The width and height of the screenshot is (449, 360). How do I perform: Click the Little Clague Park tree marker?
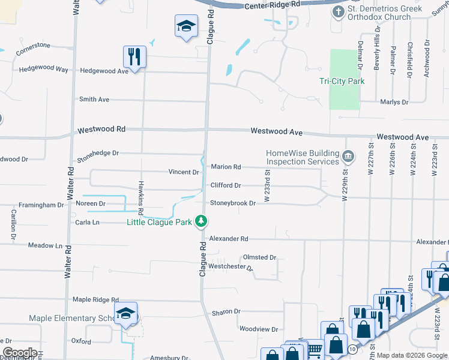click(x=202, y=222)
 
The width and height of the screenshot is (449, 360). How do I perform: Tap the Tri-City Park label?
click(x=342, y=81)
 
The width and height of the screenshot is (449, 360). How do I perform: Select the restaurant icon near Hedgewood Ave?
click(x=134, y=58)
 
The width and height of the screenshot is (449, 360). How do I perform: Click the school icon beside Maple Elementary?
click(x=126, y=314)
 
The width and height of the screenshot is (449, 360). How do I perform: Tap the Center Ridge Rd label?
click(x=272, y=5)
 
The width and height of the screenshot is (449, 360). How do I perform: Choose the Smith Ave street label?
click(x=94, y=99)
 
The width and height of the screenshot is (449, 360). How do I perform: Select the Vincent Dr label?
click(x=183, y=172)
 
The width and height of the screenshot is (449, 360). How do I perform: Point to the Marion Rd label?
click(x=226, y=167)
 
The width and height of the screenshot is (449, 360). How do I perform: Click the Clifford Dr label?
click(x=226, y=185)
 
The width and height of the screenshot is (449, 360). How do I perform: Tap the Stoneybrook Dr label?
click(x=233, y=203)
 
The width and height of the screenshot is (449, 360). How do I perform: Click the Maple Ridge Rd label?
click(x=95, y=299)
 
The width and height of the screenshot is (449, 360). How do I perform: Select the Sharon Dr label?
click(x=226, y=312)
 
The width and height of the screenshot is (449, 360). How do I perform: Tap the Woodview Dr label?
click(x=258, y=329)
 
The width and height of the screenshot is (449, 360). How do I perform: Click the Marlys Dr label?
click(x=394, y=102)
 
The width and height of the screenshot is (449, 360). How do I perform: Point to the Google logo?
click(x=20, y=353)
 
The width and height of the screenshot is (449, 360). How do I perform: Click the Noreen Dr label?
click(x=90, y=204)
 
